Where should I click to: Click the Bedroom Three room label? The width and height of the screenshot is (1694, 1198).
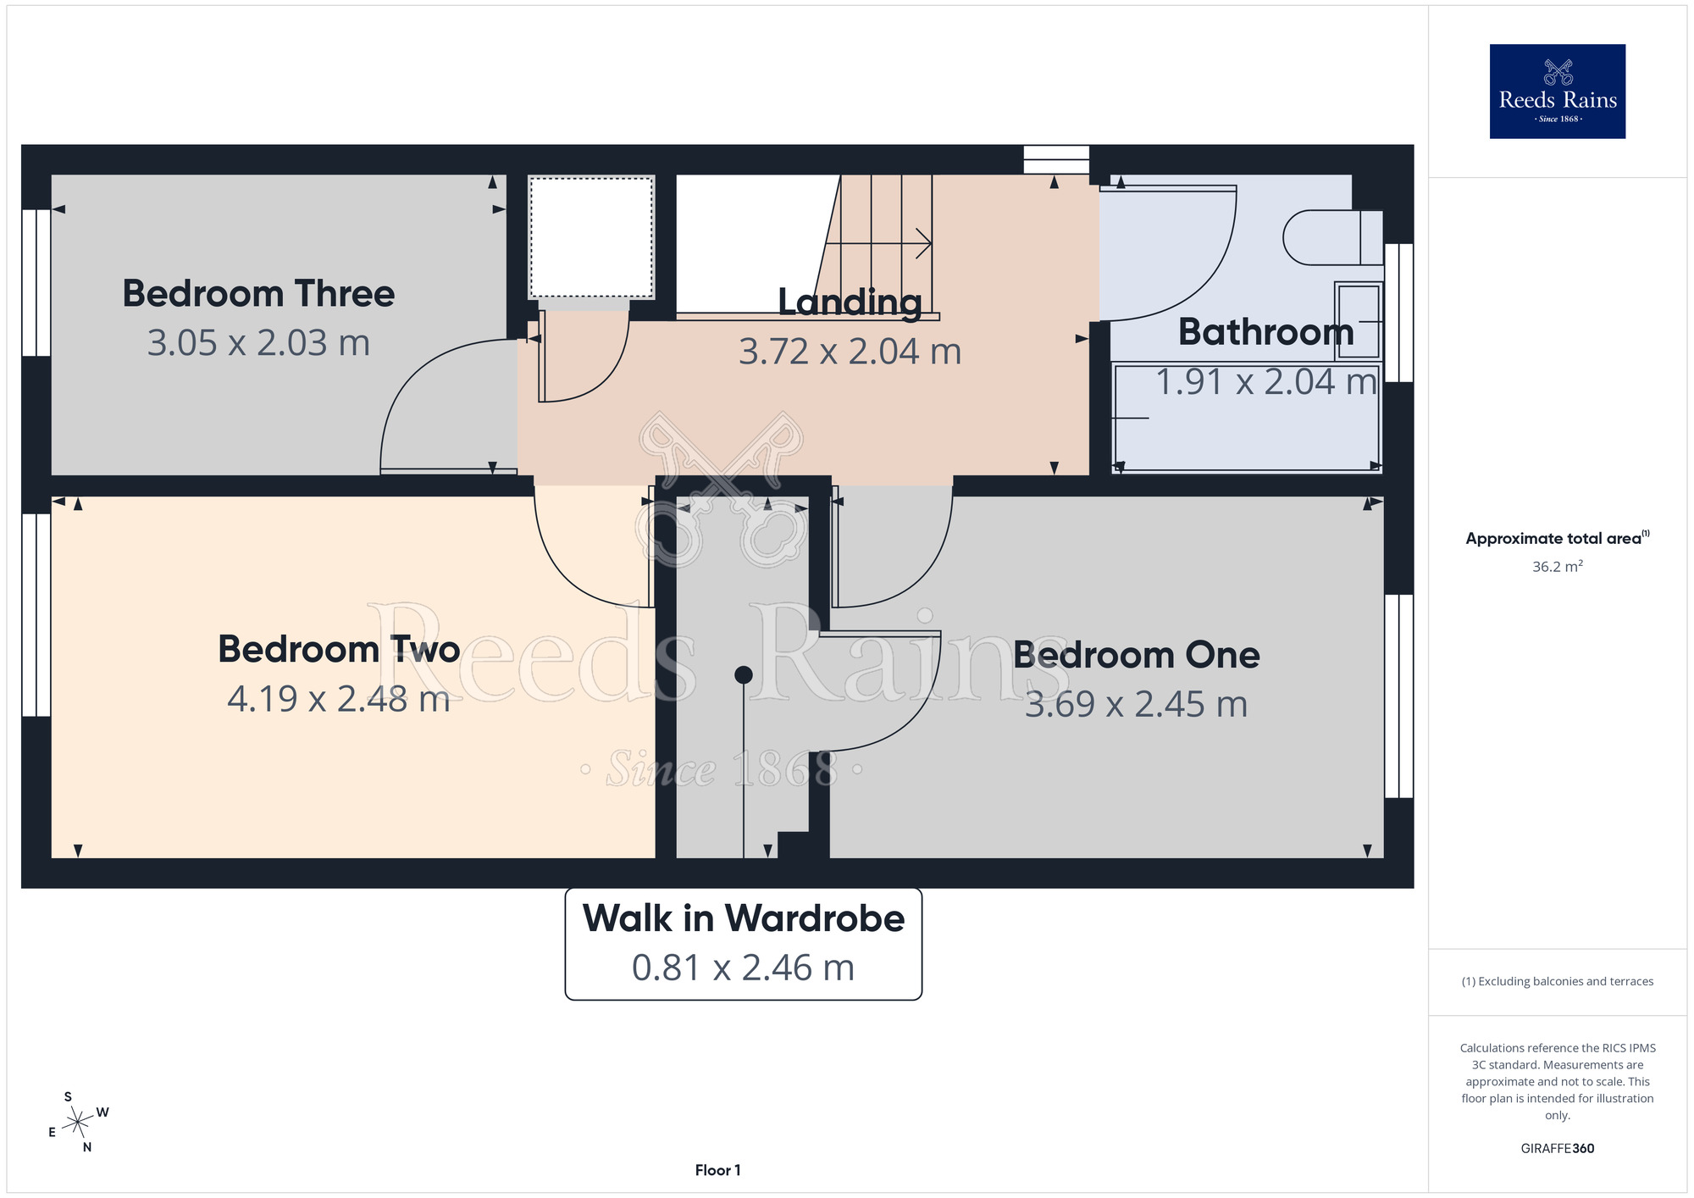point(258,294)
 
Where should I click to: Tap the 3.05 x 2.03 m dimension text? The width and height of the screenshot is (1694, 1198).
point(258,343)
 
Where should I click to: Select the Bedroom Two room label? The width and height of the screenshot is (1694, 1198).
point(339,650)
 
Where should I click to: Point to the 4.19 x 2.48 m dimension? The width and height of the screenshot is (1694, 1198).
point(339,699)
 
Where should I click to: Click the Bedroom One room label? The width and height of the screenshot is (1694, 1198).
point(1137,655)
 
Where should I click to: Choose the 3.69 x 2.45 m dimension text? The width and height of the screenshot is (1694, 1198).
point(1137,704)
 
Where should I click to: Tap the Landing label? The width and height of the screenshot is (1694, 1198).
point(850,302)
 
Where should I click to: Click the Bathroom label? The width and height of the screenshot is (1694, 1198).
point(1266,331)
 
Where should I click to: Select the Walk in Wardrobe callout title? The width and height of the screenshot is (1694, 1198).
point(744,918)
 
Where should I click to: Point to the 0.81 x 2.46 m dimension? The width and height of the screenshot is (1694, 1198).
point(744,968)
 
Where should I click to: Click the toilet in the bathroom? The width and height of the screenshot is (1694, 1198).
point(1332,237)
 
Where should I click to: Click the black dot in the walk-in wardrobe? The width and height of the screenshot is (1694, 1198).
point(744,674)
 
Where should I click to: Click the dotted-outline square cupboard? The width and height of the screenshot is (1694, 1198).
point(591,237)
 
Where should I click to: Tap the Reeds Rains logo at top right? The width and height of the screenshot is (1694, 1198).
point(1558,92)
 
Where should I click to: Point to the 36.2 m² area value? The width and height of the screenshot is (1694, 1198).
point(1558,566)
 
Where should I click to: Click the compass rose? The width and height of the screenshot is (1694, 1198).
point(78,1123)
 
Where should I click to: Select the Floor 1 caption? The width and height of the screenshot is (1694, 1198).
point(717,1170)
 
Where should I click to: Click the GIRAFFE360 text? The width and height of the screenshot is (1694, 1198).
point(1558,1149)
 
